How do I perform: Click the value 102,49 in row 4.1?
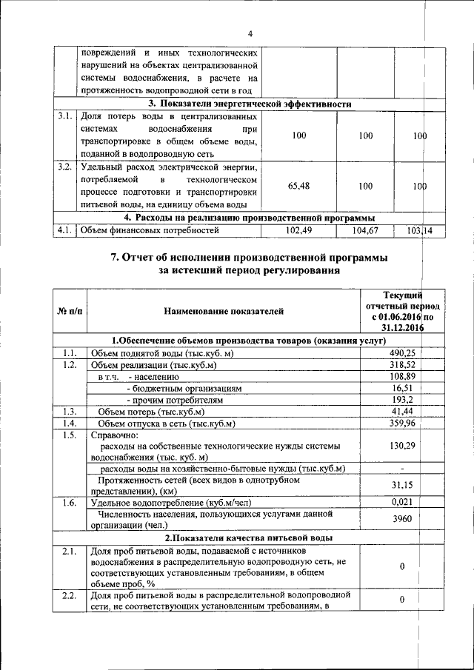(x=300, y=231)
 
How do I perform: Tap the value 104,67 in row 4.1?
(x=364, y=231)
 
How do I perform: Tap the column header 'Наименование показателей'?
(x=224, y=312)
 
